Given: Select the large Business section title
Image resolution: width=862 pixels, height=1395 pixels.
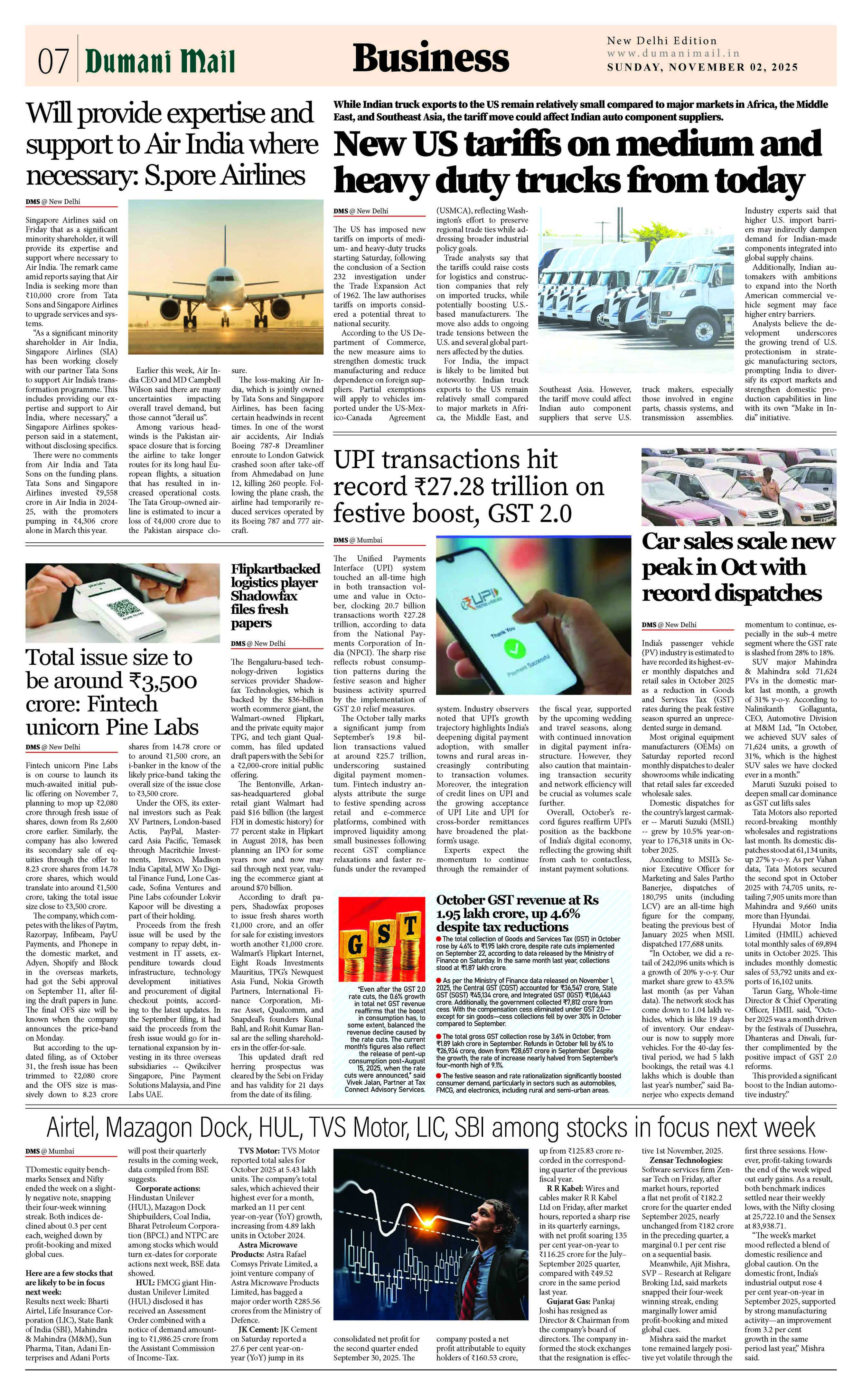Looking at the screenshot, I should click(x=430, y=59).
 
